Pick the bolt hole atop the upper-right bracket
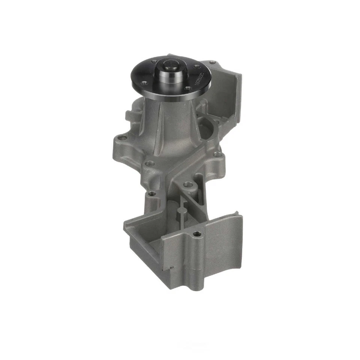tap(213, 62)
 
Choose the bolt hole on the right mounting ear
tap(216, 154)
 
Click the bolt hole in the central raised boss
tap(186, 184)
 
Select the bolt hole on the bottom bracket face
tap(197, 234)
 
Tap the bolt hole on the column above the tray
tap(151, 194)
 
